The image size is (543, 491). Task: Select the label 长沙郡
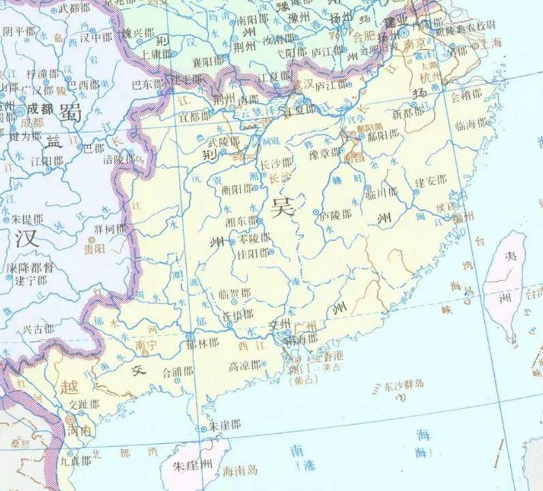point(276,165)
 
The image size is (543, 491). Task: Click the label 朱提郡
point(28,220)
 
